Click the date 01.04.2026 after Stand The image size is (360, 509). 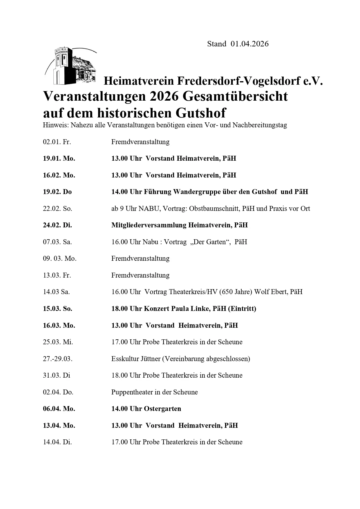pyautogui.click(x=250, y=44)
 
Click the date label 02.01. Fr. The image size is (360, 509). pyautogui.click(x=57, y=142)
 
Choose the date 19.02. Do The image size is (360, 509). pyautogui.click(x=57, y=192)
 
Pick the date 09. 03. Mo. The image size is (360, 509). pyautogui.click(x=60, y=259)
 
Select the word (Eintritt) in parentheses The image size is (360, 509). pyautogui.click(x=242, y=309)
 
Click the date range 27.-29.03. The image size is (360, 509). pyautogui.click(x=58, y=359)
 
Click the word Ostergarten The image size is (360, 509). pyautogui.click(x=162, y=409)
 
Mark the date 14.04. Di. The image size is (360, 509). pyautogui.click(x=57, y=442)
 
